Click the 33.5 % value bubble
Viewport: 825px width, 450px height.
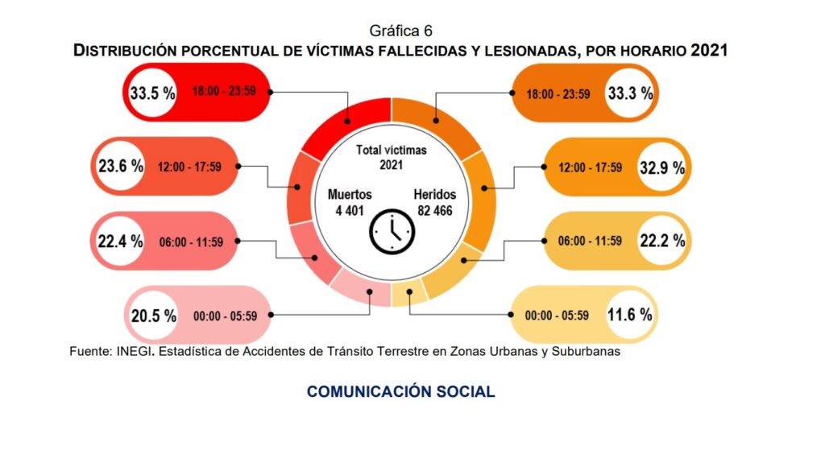153,93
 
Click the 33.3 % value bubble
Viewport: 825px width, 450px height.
630,93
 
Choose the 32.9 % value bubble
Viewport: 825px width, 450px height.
661,167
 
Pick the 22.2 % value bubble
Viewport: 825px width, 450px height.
661,241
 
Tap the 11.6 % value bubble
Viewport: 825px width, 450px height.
630,315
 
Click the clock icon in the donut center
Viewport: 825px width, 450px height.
392,232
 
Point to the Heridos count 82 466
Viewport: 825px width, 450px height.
434,211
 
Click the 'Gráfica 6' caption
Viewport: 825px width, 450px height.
401,31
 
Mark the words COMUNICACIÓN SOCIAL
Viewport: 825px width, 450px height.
400,392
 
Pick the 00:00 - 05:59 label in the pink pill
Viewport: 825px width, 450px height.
225,316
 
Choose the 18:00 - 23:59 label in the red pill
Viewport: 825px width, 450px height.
224,92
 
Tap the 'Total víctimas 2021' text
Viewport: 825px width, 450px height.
392,157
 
